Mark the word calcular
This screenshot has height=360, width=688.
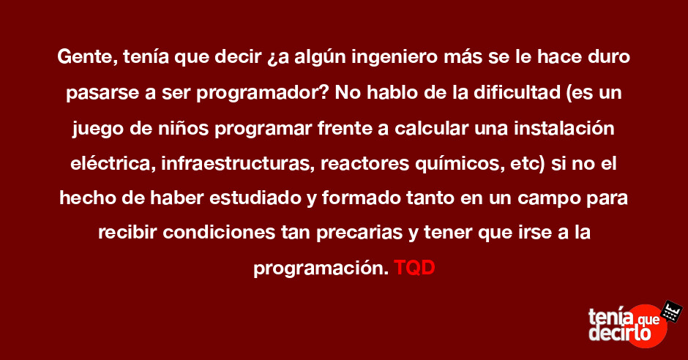point(432,128)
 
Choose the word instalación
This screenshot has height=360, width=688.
point(565,128)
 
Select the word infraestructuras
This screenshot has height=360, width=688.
point(237,164)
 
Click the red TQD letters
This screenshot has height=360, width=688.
point(414,268)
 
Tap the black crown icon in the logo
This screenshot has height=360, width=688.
point(671,311)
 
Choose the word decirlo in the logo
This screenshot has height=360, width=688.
point(619,333)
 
